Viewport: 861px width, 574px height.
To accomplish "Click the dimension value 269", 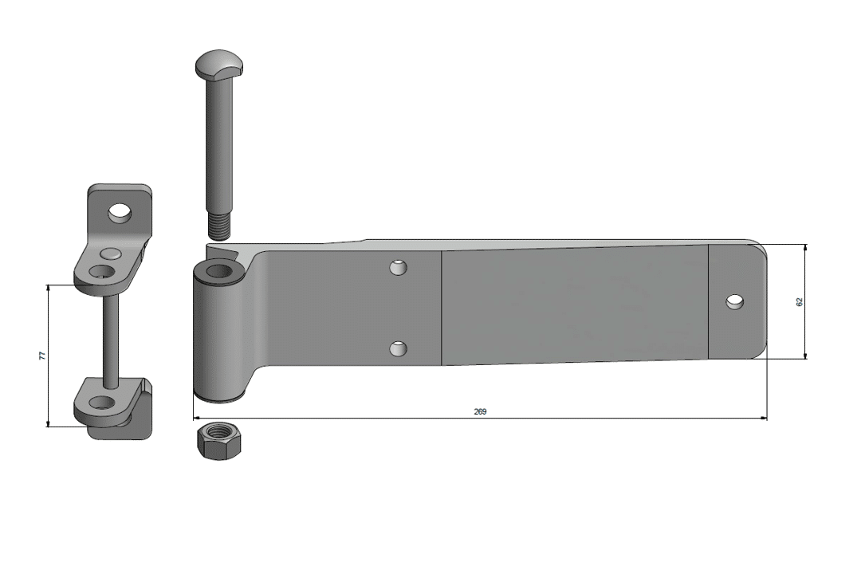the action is click(480, 411).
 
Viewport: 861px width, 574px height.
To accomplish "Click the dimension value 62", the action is click(799, 301).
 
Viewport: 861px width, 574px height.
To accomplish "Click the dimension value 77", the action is click(42, 356).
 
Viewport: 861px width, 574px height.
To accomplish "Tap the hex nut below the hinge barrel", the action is click(218, 440).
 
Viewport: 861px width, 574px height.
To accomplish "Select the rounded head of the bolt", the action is click(219, 64).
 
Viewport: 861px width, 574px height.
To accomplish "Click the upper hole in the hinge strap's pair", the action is click(398, 268).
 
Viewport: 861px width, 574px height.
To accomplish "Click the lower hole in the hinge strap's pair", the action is click(398, 348).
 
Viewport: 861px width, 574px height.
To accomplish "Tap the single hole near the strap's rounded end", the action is click(735, 301).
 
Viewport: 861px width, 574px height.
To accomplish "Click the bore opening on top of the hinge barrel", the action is click(219, 270).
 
